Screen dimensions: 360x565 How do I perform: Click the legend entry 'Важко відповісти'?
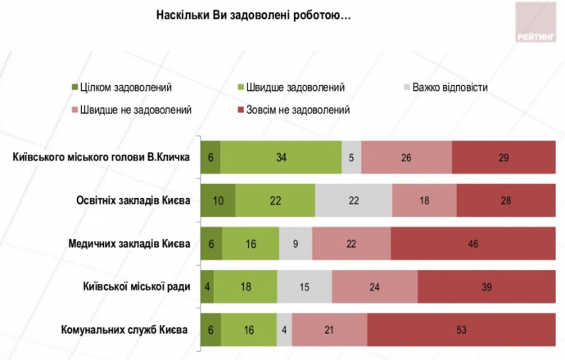click(450, 87)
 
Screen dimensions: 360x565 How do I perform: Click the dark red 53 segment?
click(460, 331)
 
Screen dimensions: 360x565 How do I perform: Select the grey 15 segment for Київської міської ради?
click(304, 287)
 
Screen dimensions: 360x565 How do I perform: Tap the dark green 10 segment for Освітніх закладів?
click(218, 200)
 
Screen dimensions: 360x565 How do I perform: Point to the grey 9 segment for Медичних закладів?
click(295, 244)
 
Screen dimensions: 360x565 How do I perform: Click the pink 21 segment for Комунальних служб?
click(329, 331)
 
